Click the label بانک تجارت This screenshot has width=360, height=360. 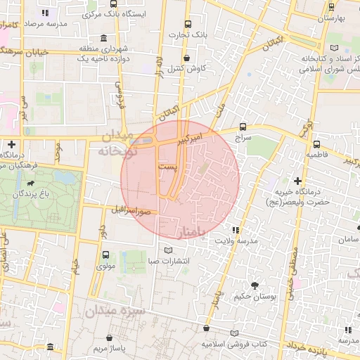coord(189,33)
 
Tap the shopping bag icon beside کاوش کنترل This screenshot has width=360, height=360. coord(186,58)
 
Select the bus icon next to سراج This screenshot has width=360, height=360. coord(243,127)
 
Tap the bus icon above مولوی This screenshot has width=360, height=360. coord(105,255)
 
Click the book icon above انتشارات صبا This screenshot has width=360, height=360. coord(167,250)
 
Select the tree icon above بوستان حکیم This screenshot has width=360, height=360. coord(254,285)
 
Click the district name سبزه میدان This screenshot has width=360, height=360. coord(115,310)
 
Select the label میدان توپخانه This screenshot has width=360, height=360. coord(113,143)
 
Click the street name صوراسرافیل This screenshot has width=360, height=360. coord(127,210)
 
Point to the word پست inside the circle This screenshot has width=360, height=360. coord(168,166)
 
